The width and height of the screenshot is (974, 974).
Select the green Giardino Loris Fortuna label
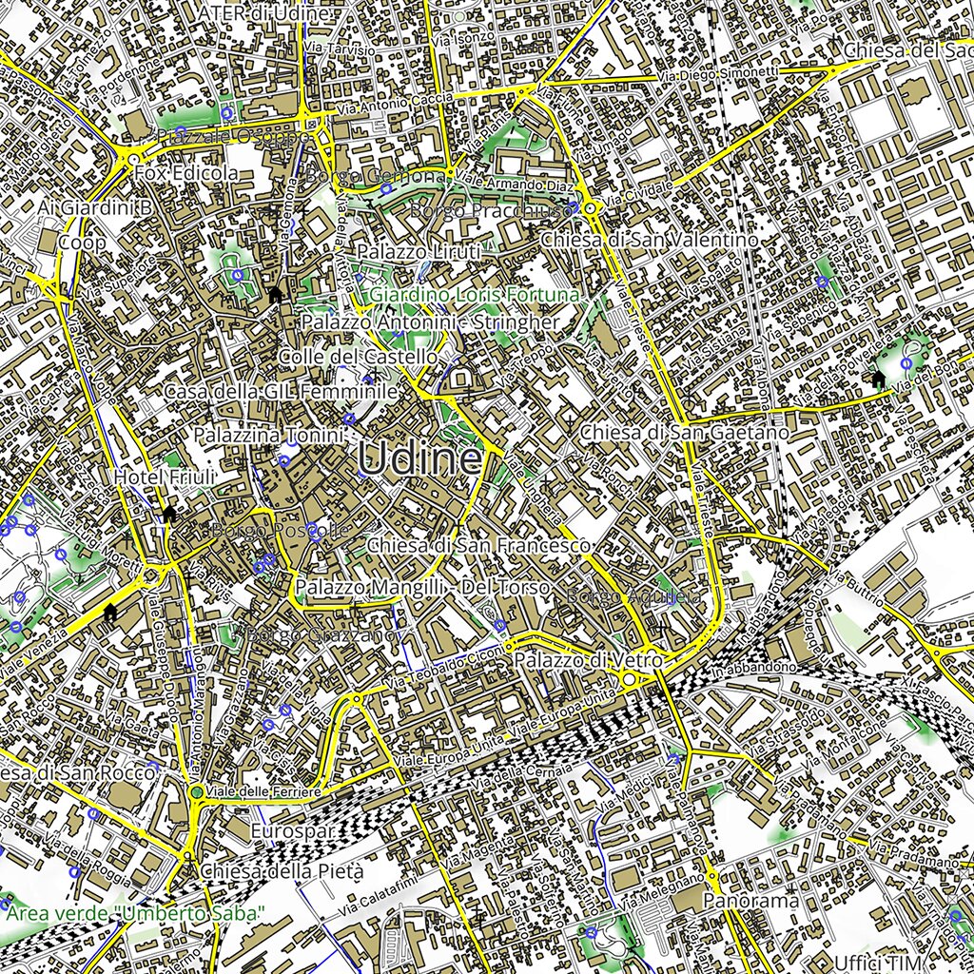[475, 296]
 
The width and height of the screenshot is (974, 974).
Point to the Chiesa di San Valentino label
[650, 240]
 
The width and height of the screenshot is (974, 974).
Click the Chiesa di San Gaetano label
[685, 433]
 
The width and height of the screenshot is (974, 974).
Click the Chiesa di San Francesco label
[479, 546]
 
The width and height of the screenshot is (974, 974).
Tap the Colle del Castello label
[358, 357]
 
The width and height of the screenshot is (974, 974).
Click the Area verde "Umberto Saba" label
[135, 914]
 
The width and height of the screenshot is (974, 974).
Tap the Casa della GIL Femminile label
[280, 392]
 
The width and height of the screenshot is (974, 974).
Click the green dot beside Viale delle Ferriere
[196, 792]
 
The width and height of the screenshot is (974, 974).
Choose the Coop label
[82, 243]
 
